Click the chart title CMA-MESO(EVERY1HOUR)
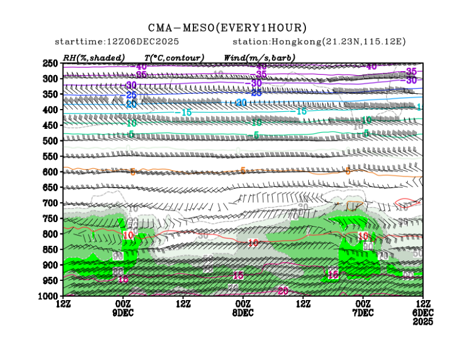tap(227, 28)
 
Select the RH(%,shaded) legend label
tap(94, 58)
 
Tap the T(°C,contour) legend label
tap(174, 58)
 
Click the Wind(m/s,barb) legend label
tap(260, 58)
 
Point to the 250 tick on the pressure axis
tap(51, 63)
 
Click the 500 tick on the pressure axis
tap(51, 141)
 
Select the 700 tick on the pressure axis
tap(51, 203)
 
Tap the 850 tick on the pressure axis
tap(51, 249)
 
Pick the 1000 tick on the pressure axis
tap(49, 296)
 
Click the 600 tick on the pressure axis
tap(51, 172)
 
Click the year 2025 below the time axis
tap(423, 321)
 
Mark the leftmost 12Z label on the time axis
tap(63, 304)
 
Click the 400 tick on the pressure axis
tap(51, 110)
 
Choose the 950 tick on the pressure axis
tap(51, 280)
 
